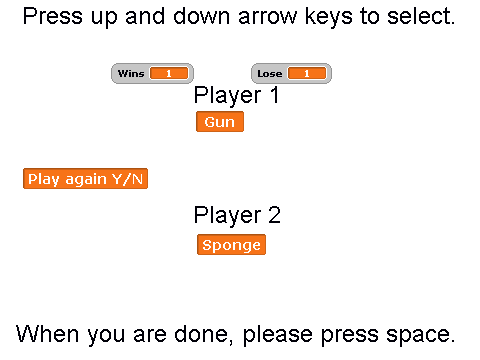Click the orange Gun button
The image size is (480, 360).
coord(220,122)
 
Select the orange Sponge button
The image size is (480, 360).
coord(231,245)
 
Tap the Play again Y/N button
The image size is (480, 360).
coord(85,179)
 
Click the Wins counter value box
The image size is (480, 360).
coord(169,73)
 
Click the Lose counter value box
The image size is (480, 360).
coord(307,73)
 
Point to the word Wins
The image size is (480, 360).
coord(131,73)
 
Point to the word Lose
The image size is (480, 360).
coord(270,73)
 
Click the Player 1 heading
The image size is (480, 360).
coord(236,96)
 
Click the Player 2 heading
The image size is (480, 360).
coord(237,215)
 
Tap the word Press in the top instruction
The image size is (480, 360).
coord(53,16)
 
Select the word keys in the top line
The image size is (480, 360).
coord(329,17)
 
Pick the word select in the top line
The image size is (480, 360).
coord(421,16)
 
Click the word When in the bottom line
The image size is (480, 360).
coord(47,334)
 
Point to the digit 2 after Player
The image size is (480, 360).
coord(274,215)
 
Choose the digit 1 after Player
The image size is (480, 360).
coord(274,95)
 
